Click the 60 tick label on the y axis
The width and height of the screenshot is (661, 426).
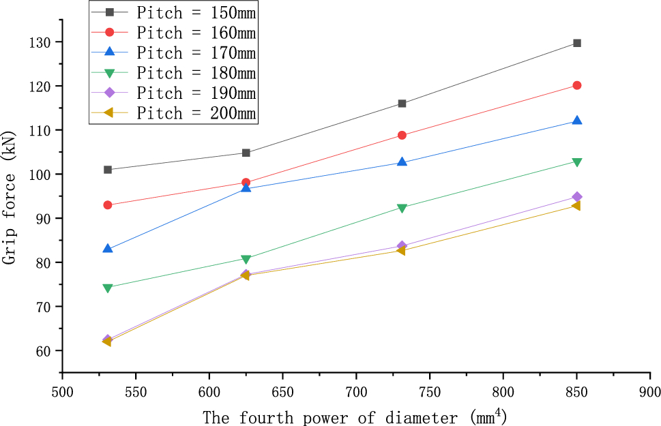[46, 351]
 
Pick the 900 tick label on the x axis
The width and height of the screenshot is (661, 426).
[650, 393]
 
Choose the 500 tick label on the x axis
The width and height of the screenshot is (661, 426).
[62, 393]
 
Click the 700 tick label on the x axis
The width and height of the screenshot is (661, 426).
[356, 393]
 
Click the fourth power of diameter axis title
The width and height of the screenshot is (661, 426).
[355, 415]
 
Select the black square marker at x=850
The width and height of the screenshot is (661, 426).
[577, 43]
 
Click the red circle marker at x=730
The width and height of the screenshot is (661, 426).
[402, 135]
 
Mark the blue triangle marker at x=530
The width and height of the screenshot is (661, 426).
[108, 249]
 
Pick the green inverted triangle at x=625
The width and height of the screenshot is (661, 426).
[246, 259]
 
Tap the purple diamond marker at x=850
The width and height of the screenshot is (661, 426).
[577, 197]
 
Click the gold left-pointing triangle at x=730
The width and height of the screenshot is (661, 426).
[401, 251]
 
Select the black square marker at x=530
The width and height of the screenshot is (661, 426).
[108, 170]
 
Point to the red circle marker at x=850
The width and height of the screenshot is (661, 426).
[577, 85]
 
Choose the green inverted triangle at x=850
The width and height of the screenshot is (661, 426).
[577, 162]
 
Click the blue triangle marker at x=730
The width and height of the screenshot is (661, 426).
[402, 162]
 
